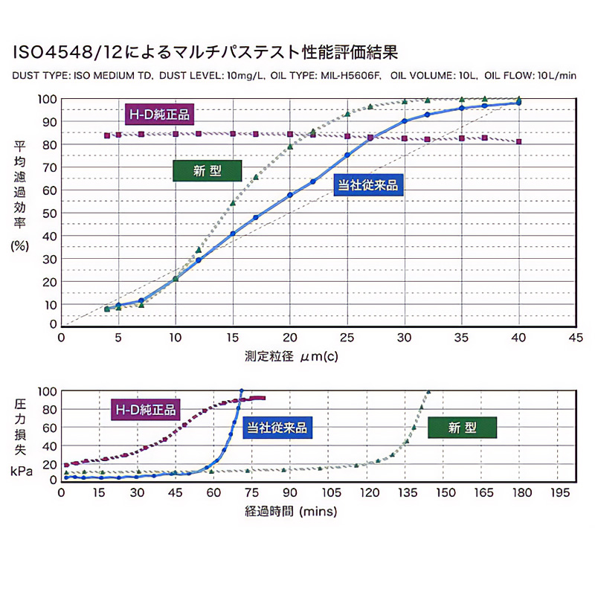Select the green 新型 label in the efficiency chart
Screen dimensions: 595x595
(x=208, y=170)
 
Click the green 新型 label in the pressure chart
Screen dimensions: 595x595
(x=462, y=427)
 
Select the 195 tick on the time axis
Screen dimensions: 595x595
(x=559, y=492)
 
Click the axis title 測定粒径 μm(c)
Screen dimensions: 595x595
(x=292, y=356)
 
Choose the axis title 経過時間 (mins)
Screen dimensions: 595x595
(x=291, y=512)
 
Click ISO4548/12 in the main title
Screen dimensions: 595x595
(x=70, y=52)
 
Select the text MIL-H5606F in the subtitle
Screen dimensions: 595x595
(x=346, y=75)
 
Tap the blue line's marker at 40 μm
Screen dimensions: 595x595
(x=518, y=103)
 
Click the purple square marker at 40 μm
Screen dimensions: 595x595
(x=518, y=141)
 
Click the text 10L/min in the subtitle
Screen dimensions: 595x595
(x=556, y=75)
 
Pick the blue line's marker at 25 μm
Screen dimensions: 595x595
(x=347, y=155)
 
